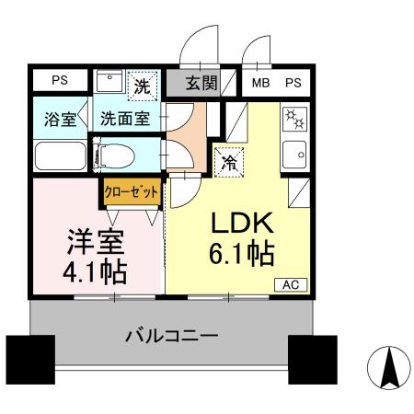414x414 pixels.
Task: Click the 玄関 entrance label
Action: [201, 83]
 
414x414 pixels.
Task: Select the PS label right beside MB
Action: [293, 83]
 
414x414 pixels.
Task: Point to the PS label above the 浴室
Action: [59, 80]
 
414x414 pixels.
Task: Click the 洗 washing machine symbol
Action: [142, 86]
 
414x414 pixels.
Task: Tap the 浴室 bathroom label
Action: [61, 120]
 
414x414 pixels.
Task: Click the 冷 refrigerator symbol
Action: [228, 162]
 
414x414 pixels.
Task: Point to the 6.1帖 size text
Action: [240, 254]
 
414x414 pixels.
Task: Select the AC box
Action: [290, 284]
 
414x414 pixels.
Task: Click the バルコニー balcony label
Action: [172, 337]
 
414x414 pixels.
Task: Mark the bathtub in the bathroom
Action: [61, 155]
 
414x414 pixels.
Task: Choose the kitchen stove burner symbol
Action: [296, 120]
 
